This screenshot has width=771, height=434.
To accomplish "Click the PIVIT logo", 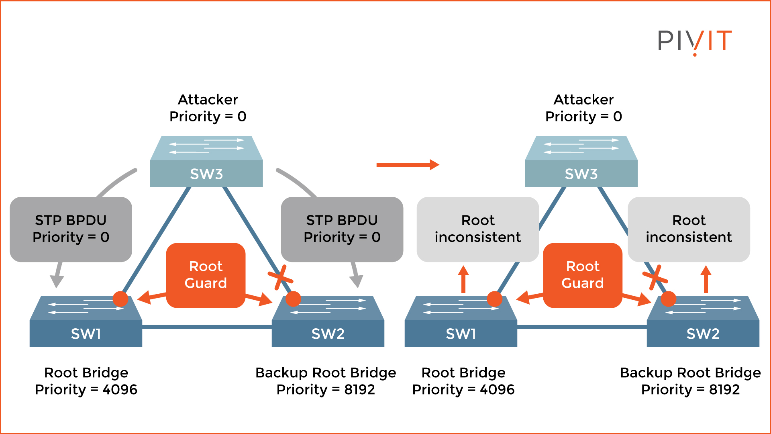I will click(695, 41).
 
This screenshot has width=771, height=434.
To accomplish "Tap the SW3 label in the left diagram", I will click(206, 174).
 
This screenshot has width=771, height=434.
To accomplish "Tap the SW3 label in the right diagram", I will click(581, 174).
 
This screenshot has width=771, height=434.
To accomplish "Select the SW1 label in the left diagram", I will click(86, 334).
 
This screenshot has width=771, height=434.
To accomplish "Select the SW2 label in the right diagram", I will click(703, 334).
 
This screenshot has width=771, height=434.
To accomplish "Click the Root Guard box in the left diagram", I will click(206, 275).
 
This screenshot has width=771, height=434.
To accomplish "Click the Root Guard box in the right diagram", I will click(582, 275).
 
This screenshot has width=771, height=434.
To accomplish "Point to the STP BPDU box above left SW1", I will click(71, 229).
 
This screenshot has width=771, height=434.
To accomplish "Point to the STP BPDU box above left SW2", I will click(342, 229).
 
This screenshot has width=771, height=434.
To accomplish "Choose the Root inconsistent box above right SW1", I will click(477, 229).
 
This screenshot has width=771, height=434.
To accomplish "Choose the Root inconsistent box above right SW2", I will click(689, 229).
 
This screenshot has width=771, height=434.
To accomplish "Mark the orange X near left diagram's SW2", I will click(280, 277).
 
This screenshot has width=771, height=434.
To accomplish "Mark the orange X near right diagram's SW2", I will click(655, 277).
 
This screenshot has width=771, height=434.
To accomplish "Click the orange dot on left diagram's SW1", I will click(120, 299).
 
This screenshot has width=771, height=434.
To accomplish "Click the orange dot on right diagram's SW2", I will click(668, 299).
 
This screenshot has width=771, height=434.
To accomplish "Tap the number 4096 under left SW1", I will click(120, 389).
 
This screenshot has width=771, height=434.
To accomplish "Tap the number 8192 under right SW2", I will click(724, 389).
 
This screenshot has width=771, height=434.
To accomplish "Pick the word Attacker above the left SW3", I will click(208, 100).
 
